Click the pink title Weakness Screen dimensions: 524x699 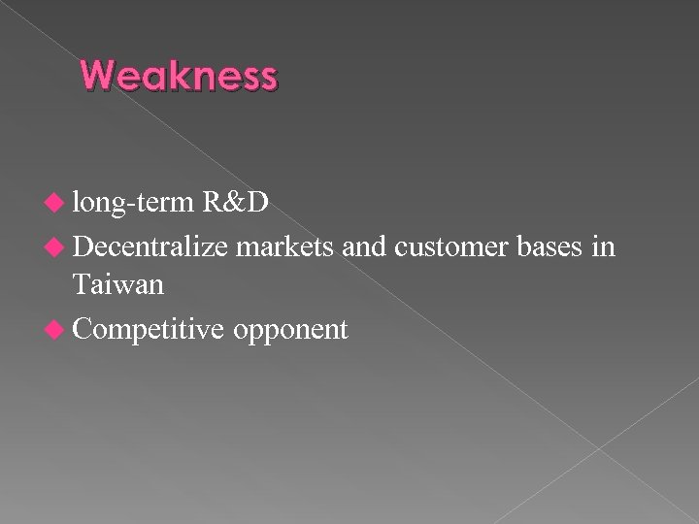pos(179,76)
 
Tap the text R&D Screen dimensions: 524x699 pos(237,205)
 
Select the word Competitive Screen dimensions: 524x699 pos(146,330)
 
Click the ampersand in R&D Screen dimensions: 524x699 pos(236,205)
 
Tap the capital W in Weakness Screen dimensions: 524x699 pos(98,76)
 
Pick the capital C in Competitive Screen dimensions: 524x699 pos(81,330)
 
